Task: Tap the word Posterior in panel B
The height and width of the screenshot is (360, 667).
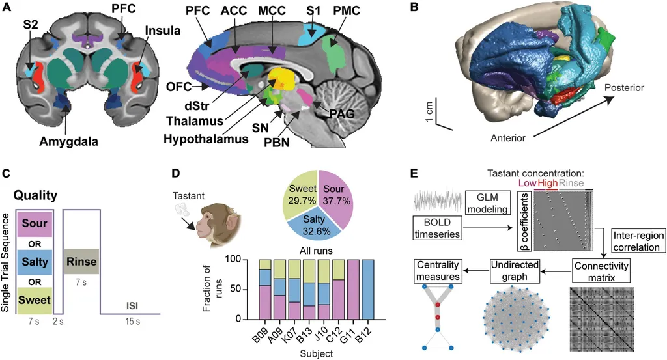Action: [626, 87]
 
